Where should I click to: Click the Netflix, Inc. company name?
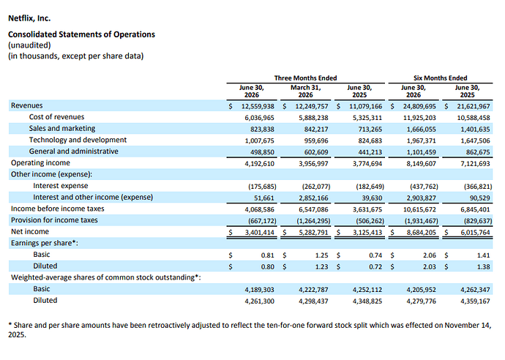pos(29,18)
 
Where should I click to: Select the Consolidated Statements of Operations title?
pos(81,34)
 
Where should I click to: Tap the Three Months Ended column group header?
pos(305,78)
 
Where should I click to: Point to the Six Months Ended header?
pos(441,78)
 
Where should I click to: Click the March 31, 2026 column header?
pos(306,91)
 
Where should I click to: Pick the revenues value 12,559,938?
pos(258,106)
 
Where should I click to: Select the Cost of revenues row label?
pos(56,117)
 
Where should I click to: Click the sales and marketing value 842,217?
pos(316,129)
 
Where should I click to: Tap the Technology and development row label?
pos(78,140)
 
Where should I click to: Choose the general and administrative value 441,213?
pos(370,152)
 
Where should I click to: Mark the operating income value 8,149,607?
pos(421,164)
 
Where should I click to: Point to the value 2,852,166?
pos(313,198)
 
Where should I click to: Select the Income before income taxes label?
pos(58,209)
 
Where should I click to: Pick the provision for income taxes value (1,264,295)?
pos(313,221)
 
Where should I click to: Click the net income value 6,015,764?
pos(475,233)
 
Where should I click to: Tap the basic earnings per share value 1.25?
pos(321,255)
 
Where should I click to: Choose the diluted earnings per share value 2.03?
pos(430,267)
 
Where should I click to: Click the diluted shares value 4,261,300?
pos(259,301)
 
